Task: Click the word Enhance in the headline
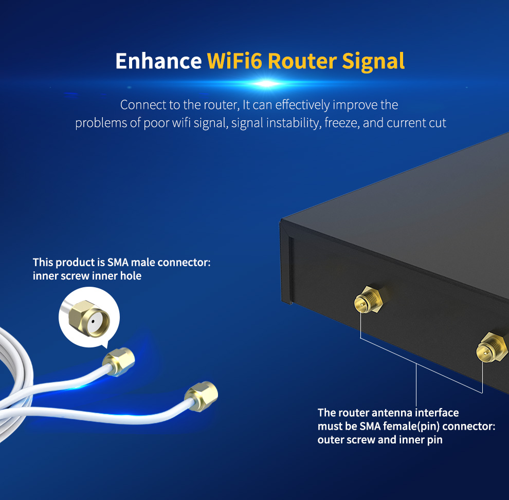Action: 158,61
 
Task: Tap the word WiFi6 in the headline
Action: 234,61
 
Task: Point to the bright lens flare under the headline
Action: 266,83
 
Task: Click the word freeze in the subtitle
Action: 341,123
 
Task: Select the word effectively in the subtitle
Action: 303,105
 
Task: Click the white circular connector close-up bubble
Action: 88,317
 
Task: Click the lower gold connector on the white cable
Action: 201,395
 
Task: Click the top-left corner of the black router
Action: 282,221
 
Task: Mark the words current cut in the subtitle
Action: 416,123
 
